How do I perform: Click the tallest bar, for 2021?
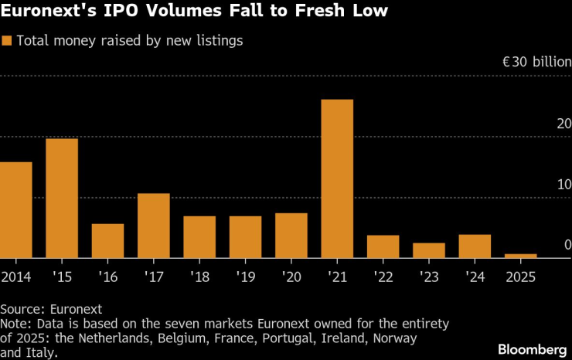pos(337,178)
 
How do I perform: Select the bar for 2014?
pos(16,209)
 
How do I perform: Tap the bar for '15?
pos(62,198)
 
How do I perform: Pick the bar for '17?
pos(153,226)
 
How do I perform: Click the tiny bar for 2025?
pos(520,255)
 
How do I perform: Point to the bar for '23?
pos(429,250)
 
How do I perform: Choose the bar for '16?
pos(107,240)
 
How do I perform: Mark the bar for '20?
pos(291,235)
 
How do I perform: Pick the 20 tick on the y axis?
pos(563,124)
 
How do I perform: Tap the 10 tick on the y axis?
pos(563,185)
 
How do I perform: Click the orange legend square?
pos(8,41)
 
